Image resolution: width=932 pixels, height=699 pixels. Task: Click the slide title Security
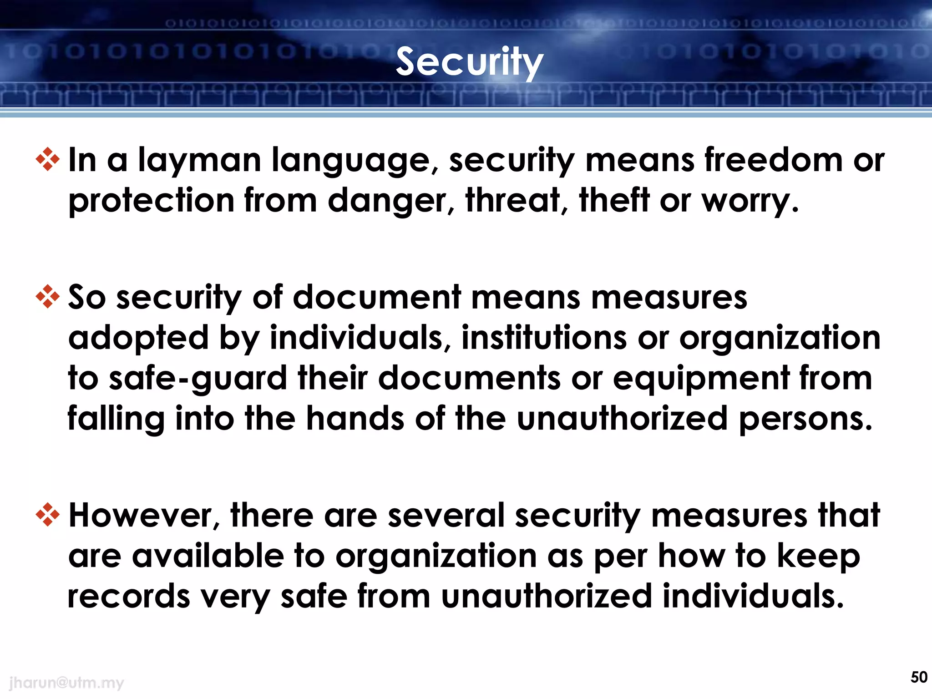[x=469, y=62]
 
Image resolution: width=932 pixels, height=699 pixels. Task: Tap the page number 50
[x=919, y=677]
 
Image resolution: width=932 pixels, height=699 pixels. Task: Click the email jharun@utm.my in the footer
[x=66, y=683]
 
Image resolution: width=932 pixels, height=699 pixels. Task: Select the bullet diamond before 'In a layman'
[x=48, y=160]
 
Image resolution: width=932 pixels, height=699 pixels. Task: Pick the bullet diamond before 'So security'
[x=48, y=297]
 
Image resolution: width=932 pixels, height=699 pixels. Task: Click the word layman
[x=199, y=161]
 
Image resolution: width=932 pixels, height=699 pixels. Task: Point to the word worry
[x=749, y=201]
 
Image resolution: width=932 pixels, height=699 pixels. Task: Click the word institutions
[x=544, y=338]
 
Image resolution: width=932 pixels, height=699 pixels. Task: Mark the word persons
[x=805, y=419]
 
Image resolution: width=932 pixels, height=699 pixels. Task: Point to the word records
[x=129, y=597]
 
